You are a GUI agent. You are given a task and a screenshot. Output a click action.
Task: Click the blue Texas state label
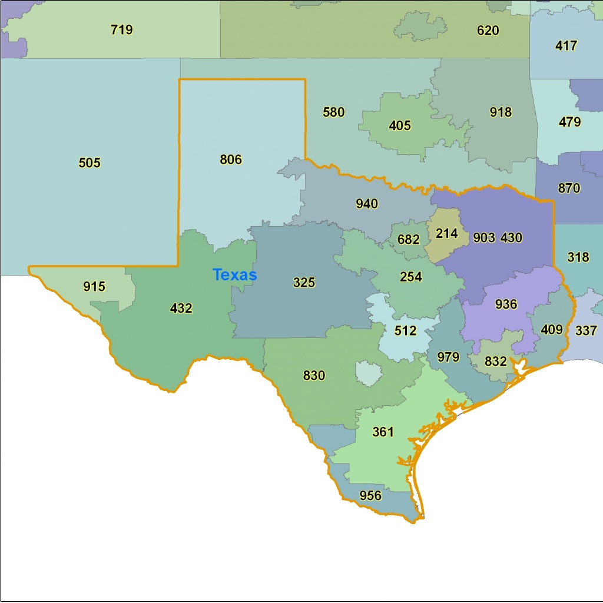tap(234, 275)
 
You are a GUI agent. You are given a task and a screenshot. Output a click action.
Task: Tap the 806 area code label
tap(231, 160)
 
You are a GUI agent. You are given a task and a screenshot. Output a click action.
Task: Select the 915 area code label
tap(94, 287)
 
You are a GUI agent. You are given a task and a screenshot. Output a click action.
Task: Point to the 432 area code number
tap(181, 308)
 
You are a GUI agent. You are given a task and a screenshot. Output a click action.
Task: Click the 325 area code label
tap(304, 283)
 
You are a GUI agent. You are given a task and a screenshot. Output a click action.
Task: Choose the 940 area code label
tap(367, 204)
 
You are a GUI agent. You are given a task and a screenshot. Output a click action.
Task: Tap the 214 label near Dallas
tap(446, 234)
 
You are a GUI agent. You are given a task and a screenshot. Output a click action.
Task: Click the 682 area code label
tap(409, 240)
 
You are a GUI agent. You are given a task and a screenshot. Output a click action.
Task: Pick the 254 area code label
tap(411, 277)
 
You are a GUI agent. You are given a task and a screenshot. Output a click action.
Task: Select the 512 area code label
tap(405, 331)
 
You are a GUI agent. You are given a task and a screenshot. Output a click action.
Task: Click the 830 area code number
tap(314, 375)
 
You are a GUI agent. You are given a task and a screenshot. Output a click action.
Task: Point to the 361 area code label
tap(383, 432)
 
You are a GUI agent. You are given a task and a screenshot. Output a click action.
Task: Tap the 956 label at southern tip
tap(370, 496)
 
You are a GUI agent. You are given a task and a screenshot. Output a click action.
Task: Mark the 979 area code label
tap(448, 357)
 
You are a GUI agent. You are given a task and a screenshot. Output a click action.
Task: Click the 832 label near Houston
tap(496, 362)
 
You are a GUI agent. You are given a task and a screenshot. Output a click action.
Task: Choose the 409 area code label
tap(552, 330)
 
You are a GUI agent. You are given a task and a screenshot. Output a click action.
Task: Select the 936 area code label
tap(506, 304)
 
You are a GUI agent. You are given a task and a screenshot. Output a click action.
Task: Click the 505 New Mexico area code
tap(90, 163)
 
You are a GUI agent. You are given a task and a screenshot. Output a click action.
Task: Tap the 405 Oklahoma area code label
tap(400, 125)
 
